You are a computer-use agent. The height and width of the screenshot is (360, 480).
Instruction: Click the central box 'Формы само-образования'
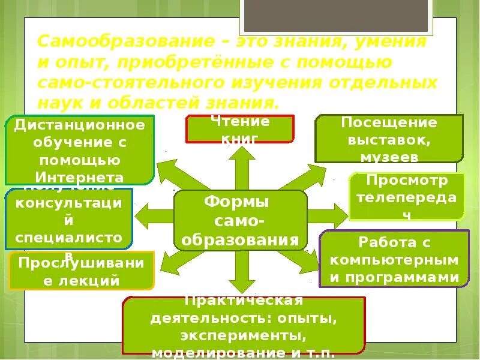[x=240, y=220]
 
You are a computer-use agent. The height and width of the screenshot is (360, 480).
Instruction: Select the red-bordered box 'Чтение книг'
[x=240, y=129]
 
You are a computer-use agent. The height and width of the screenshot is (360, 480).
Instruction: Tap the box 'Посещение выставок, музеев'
[x=389, y=139]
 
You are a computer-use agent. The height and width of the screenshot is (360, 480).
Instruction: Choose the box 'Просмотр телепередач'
[x=407, y=196]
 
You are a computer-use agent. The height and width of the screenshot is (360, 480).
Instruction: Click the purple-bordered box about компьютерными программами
[x=394, y=259]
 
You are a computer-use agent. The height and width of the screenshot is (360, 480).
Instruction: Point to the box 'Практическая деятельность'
[x=244, y=325]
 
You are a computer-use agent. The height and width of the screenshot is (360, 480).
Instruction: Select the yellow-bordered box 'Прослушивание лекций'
[x=82, y=271]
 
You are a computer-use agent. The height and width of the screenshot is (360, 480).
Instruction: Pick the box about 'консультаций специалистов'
[x=68, y=219]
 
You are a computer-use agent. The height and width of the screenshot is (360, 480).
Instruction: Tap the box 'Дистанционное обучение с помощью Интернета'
[x=80, y=150]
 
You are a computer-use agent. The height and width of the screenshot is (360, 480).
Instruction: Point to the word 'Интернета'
[x=80, y=177]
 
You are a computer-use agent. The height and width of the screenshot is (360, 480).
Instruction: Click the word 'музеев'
[x=389, y=157]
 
